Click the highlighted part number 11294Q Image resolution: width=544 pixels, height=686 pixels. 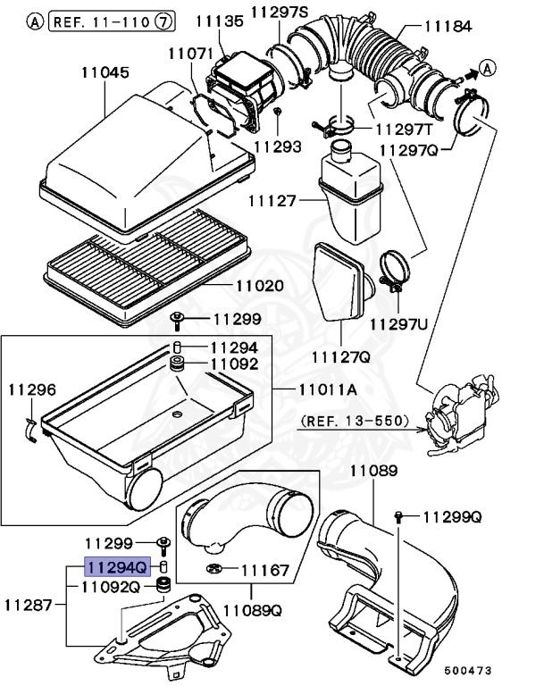114,566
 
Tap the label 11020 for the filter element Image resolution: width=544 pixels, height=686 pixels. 259,287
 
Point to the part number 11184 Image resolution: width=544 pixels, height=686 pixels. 448,27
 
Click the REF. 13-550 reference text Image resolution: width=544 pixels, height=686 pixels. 355,420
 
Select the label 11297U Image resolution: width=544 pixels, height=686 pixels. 399,322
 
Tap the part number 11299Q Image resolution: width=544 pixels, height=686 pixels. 452,516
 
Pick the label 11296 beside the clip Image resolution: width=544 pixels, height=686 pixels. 32,389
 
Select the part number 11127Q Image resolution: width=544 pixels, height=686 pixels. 340,357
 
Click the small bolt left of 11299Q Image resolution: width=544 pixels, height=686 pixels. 400,517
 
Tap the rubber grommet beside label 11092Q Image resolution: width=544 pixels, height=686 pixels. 163,586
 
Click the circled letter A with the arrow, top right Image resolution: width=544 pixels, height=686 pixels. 485,66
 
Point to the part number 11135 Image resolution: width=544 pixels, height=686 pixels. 221,20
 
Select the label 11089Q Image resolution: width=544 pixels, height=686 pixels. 252,612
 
